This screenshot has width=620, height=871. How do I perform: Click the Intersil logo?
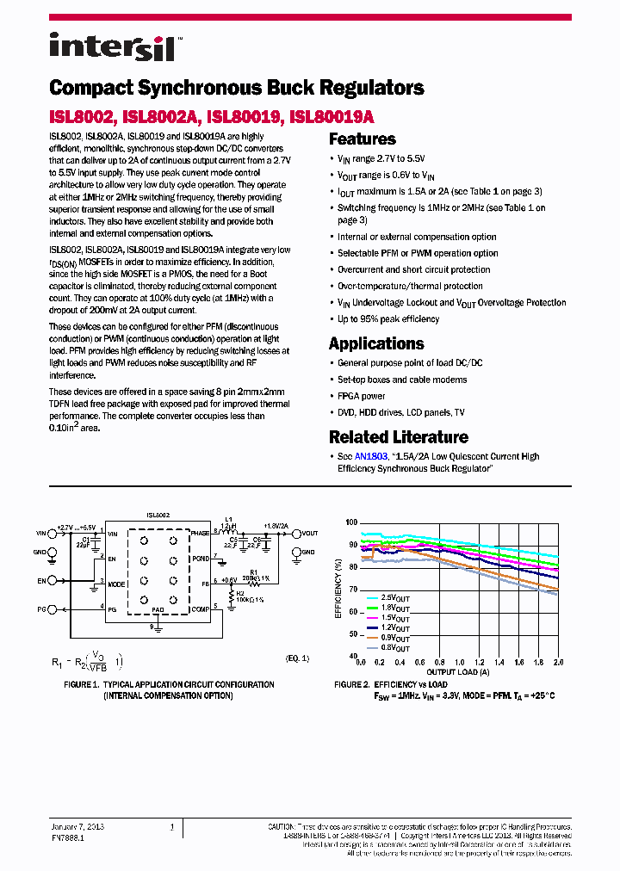click(x=113, y=46)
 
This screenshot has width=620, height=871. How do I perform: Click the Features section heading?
click(x=363, y=139)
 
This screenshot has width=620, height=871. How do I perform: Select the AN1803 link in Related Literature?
click(x=371, y=457)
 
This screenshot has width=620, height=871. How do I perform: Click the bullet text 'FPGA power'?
click(x=361, y=396)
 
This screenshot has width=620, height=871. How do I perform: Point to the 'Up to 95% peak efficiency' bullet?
click(x=388, y=319)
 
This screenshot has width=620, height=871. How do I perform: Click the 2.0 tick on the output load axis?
click(x=557, y=663)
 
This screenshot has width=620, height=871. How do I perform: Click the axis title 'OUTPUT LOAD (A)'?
click(x=459, y=672)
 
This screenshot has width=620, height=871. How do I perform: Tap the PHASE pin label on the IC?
click(x=200, y=534)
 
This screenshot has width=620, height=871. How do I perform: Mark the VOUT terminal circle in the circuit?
click(x=296, y=534)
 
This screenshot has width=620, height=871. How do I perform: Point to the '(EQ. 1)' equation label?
click(x=297, y=658)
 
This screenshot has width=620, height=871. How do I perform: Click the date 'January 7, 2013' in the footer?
click(x=77, y=826)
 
